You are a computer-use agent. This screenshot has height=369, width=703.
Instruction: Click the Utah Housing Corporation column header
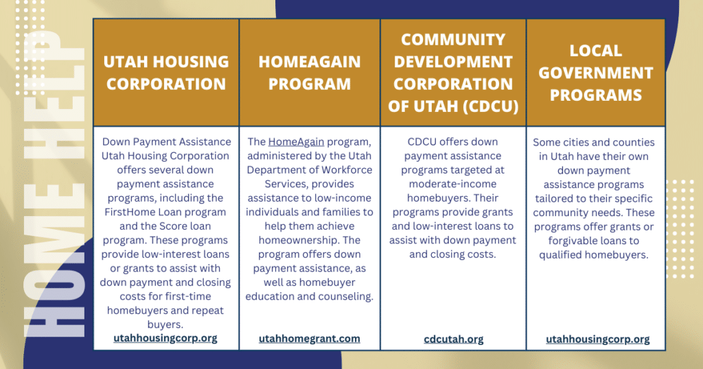click(166, 73)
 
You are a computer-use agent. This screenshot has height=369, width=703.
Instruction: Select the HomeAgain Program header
click(310, 73)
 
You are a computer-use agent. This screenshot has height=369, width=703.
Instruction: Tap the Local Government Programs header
click(596, 73)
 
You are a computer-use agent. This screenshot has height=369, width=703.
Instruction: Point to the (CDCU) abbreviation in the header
click(491, 106)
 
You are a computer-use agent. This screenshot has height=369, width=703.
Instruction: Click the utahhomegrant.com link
click(310, 339)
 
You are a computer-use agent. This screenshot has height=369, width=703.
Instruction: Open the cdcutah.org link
click(454, 339)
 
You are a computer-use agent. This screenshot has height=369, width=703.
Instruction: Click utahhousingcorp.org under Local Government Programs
click(598, 339)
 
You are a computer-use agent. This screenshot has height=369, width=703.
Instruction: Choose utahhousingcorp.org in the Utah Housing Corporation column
click(165, 337)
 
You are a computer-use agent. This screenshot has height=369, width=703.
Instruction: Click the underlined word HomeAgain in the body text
click(296, 142)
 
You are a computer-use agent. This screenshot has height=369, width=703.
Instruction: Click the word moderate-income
click(453, 184)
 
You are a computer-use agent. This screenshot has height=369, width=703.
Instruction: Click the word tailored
click(553, 198)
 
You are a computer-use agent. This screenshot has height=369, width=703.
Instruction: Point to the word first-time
click(187, 296)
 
